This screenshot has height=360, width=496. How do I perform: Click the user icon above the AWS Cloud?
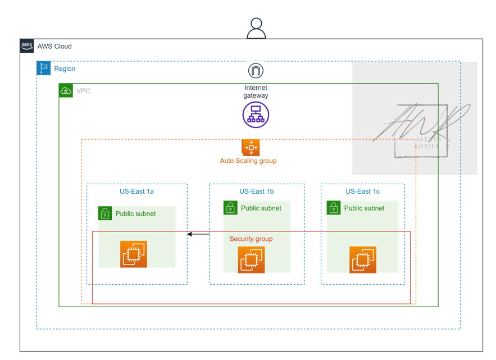tap(256, 28)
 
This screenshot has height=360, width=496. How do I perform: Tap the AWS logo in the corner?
tap(27, 46)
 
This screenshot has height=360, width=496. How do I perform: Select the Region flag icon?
tap(44, 69)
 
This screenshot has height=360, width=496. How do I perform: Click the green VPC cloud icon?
tap(66, 90)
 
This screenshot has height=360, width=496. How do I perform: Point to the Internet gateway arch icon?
tap(256, 70)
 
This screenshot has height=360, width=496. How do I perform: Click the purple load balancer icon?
tap(256, 115)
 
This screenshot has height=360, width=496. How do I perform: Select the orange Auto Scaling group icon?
tap(251, 147)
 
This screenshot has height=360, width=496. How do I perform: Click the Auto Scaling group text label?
tap(248, 161)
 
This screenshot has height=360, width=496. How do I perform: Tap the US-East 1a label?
tap(136, 192)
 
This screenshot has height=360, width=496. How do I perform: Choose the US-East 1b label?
tap(256, 192)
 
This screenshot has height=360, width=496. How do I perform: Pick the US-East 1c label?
tap(362, 192)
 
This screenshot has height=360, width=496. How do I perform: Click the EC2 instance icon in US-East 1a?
tap(134, 254)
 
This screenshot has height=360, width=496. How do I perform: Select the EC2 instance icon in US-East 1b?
tap(251, 259)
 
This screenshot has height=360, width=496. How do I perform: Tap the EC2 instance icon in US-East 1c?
tap(362, 259)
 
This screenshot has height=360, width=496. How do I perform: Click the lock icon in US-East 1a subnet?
tap(105, 213)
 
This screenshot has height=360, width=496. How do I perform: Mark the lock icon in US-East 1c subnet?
tap(334, 208)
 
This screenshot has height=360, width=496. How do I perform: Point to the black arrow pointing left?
tap(198, 234)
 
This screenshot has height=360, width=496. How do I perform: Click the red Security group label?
tap(251, 239)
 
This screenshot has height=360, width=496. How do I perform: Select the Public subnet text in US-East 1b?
tap(261, 208)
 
